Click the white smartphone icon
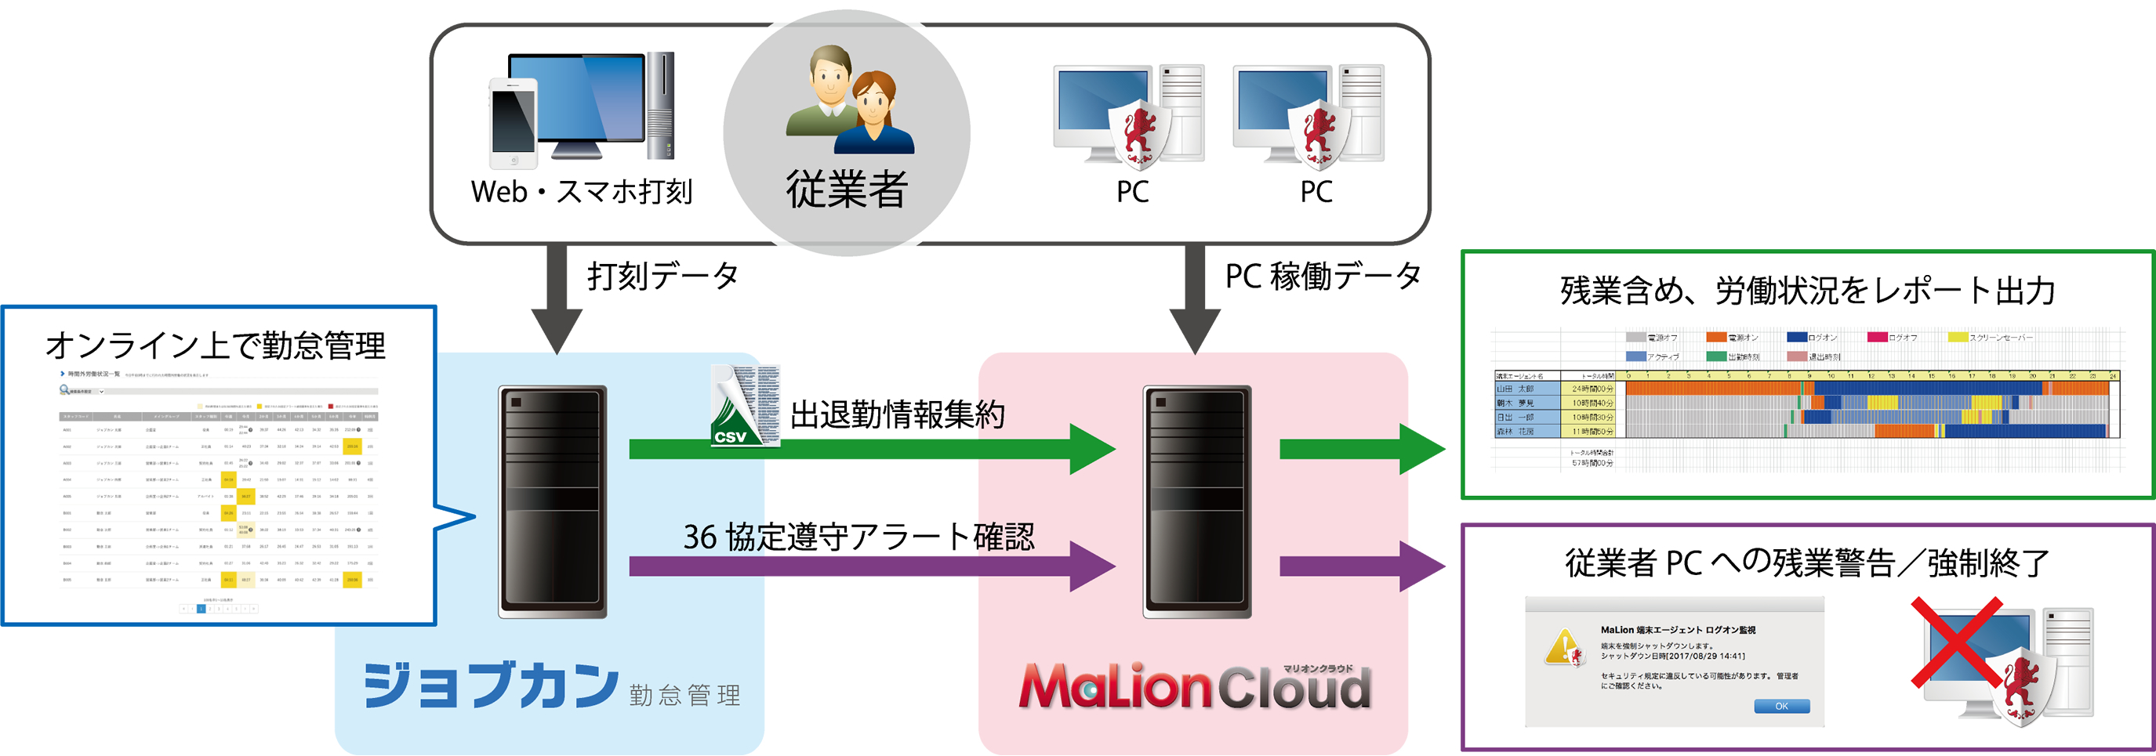coord(513,124)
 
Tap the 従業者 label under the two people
coord(846,189)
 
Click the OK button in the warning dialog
coord(1781,706)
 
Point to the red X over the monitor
coord(1956,643)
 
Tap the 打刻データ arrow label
coord(662,276)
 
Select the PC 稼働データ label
coord(1323,276)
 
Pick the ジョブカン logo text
coord(492,685)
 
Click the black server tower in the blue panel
coord(553,501)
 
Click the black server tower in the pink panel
coord(1197,501)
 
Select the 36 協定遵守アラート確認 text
coord(858,537)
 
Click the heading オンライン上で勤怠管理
coord(216,345)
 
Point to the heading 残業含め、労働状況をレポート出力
coord(1808,291)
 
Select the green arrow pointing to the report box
coord(1361,449)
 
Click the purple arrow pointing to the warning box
coord(1361,566)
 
